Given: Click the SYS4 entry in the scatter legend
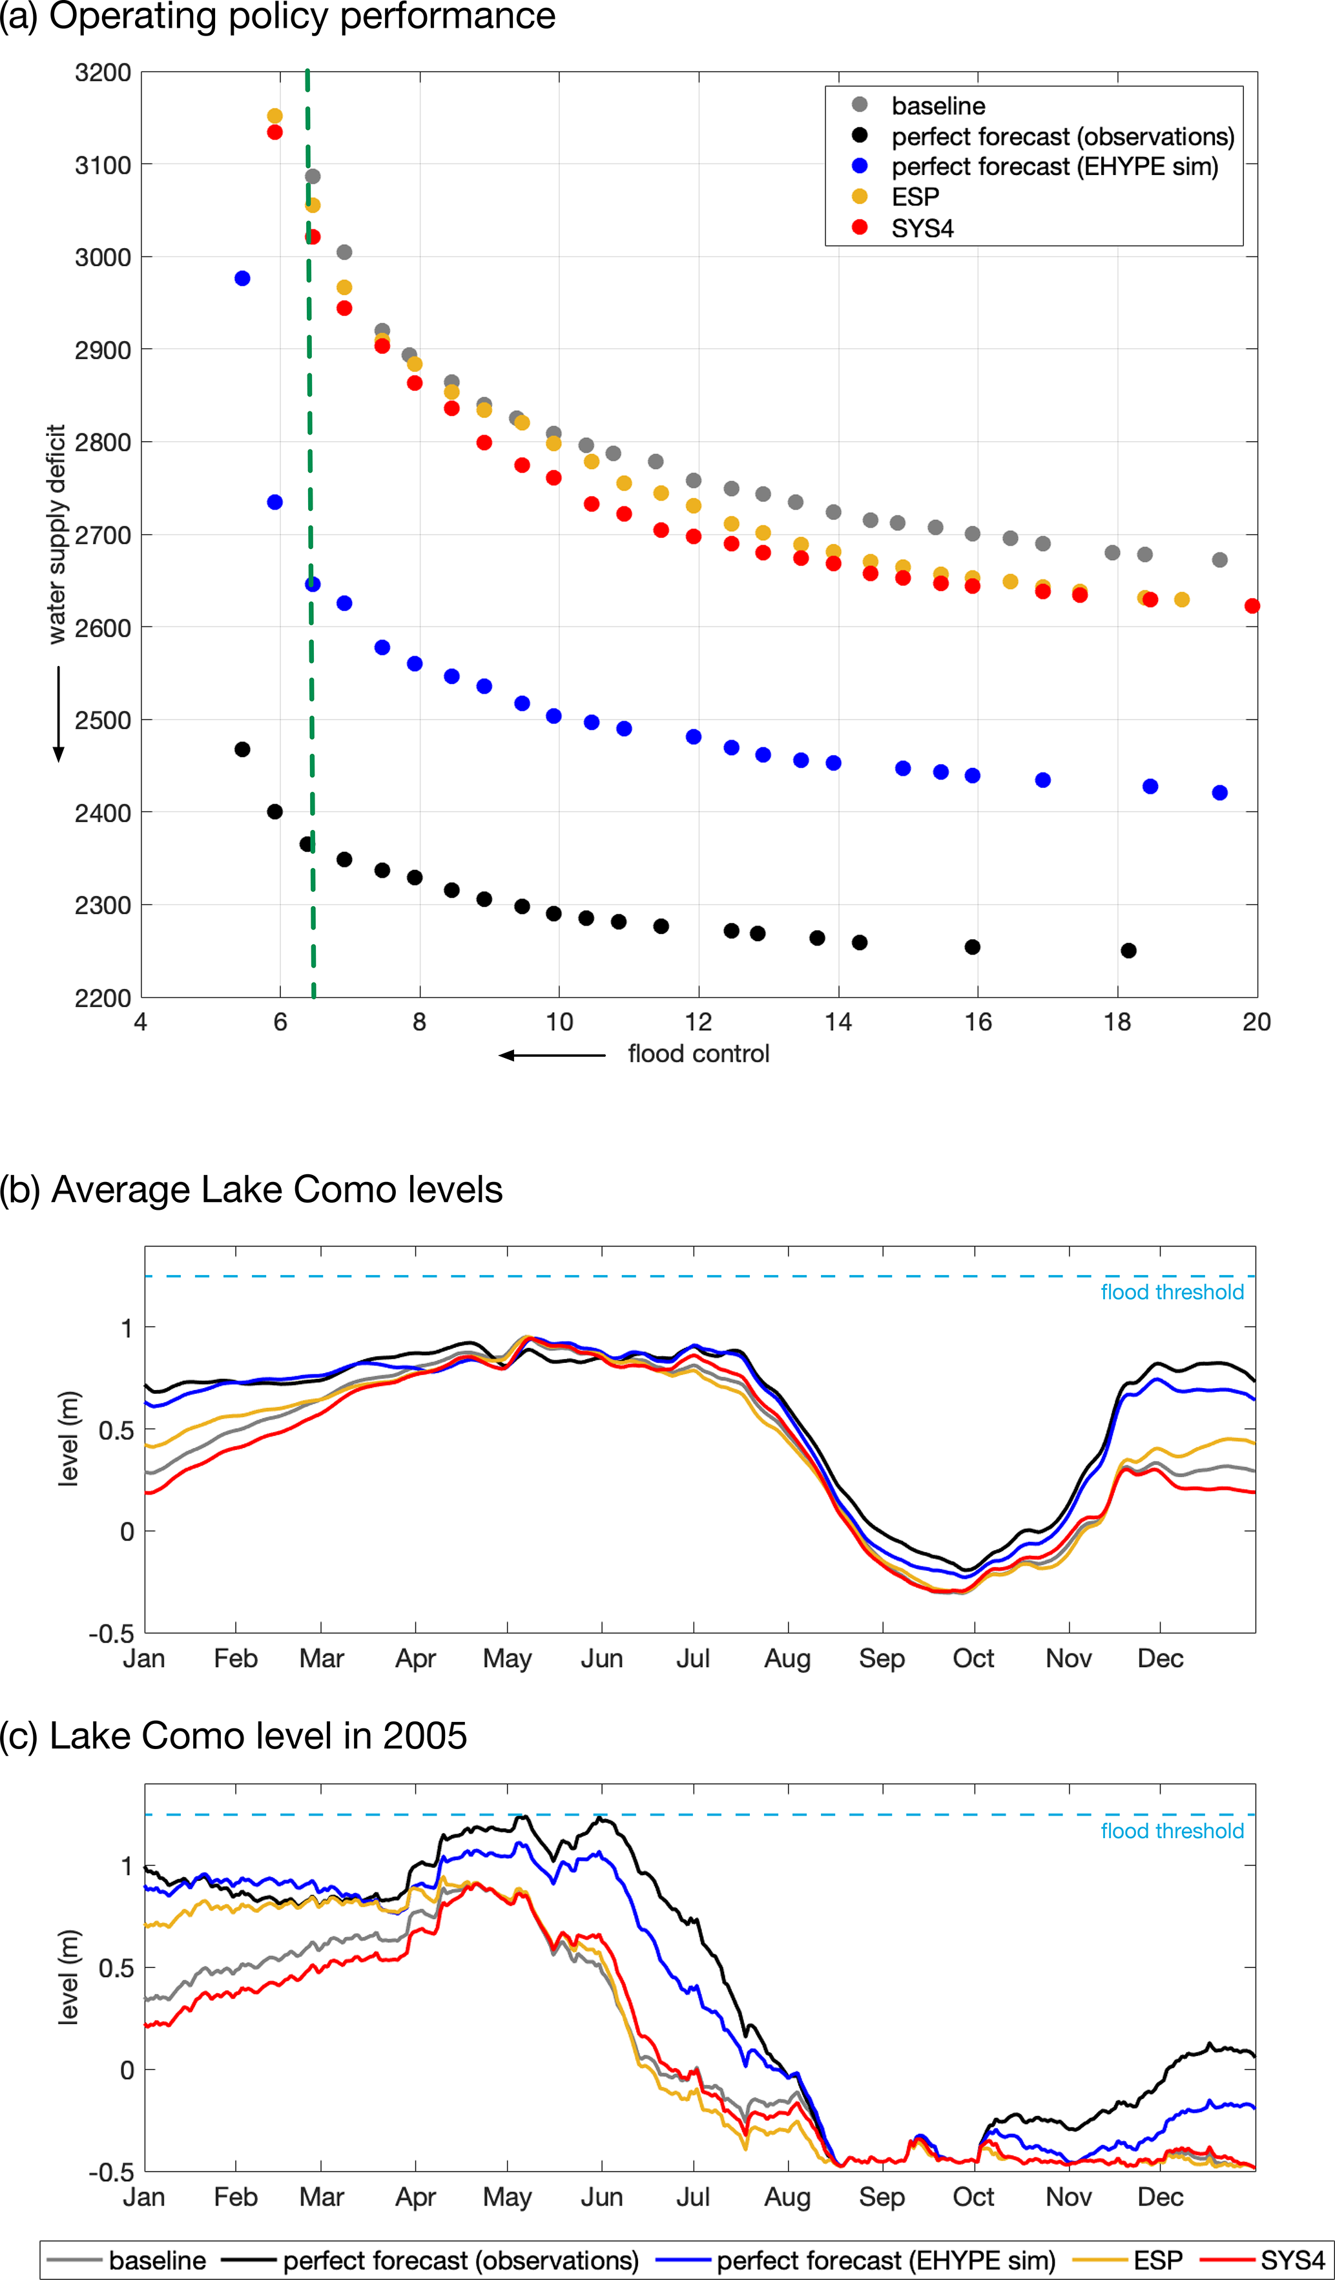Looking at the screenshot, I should click(x=922, y=228).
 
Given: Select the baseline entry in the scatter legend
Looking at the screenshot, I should click(x=938, y=106).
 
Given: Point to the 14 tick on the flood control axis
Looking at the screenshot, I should click(x=838, y=1022).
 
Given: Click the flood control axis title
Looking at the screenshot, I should click(x=698, y=1054).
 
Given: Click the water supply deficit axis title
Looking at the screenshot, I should click(x=57, y=534).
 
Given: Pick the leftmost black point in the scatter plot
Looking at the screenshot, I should click(x=242, y=749).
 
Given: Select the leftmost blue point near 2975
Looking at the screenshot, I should click(x=242, y=278).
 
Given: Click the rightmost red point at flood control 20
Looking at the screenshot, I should click(x=1252, y=606).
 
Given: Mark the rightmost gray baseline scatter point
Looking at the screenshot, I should click(x=1219, y=560).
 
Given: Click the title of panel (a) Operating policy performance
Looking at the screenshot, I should click(x=278, y=16).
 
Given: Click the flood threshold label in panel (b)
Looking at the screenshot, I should click(x=1172, y=1292).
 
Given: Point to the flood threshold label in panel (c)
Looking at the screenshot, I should click(x=1172, y=1831).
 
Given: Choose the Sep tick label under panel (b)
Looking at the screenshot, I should click(x=882, y=1659).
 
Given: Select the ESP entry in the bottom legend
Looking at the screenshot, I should click(x=1158, y=2260).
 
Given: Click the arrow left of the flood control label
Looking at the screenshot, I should click(x=552, y=1055).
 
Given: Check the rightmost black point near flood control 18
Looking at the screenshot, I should click(x=1128, y=951).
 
